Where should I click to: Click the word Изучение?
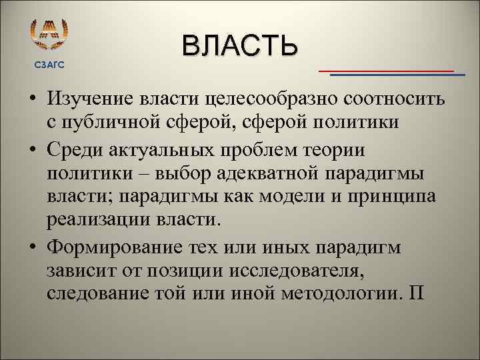pyautogui.click(x=91, y=99)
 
